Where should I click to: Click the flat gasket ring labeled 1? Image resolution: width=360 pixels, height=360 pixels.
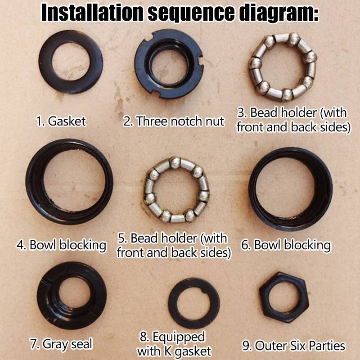46,76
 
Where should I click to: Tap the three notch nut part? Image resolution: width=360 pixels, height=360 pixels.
142,76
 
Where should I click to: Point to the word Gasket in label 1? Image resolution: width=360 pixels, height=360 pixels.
67,121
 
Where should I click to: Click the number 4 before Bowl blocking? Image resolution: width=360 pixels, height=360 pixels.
21,245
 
